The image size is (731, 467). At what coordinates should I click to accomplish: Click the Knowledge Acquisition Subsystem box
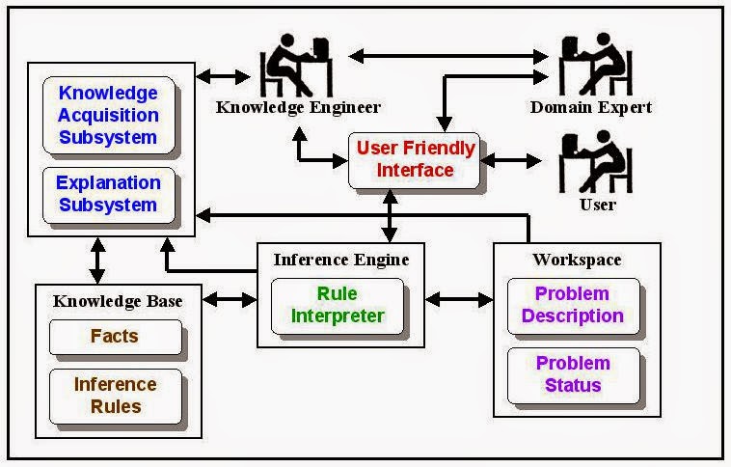(108, 116)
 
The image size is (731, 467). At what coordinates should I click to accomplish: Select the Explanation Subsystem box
(108, 194)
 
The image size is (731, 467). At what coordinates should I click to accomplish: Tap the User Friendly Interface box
(416, 159)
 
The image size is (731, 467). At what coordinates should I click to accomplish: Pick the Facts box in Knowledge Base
(115, 337)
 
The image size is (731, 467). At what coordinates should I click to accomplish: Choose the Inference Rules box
(115, 395)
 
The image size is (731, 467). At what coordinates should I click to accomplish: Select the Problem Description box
(573, 305)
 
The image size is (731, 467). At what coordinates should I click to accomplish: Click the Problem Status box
(573, 374)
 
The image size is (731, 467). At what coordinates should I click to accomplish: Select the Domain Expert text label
(591, 107)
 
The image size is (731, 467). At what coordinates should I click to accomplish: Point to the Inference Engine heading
(341, 260)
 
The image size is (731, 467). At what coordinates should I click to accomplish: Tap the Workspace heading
(577, 260)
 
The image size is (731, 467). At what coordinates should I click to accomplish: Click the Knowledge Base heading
(118, 301)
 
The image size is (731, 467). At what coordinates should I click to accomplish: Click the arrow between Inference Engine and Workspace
(459, 300)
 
